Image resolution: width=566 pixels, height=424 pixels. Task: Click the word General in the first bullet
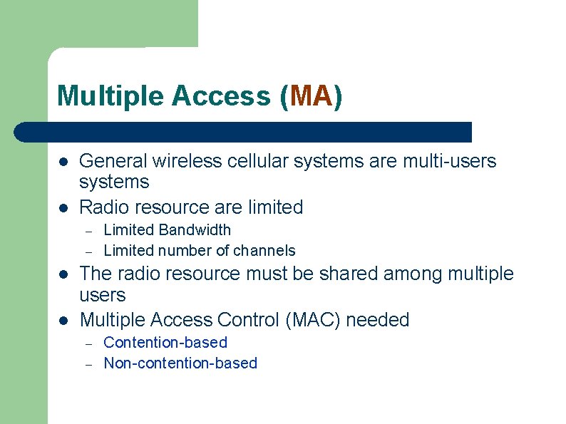click(113, 161)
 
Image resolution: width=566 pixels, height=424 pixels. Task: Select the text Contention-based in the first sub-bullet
click(165, 343)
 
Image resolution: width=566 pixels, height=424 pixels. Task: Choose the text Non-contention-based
click(180, 363)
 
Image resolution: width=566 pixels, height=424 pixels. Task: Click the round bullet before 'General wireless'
click(63, 162)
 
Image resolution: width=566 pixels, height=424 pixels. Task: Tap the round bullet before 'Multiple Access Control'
click(63, 321)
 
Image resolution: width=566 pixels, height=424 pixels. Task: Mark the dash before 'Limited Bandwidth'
click(89, 231)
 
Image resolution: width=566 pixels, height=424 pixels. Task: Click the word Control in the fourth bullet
click(246, 320)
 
